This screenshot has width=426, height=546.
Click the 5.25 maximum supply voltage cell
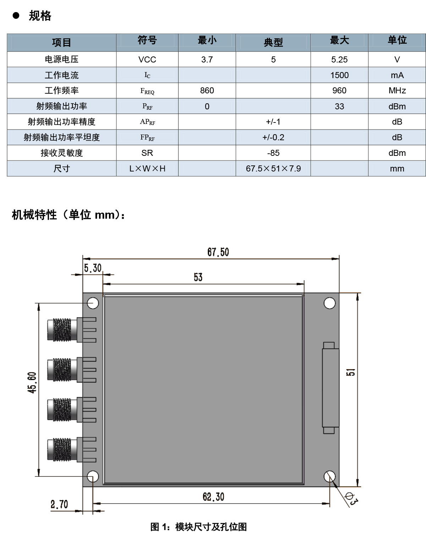coord(339,60)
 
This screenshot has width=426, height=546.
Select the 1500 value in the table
coord(339,75)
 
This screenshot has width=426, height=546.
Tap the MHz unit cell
coord(397,91)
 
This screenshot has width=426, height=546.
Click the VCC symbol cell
coord(147,60)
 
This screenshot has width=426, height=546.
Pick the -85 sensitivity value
coord(273,153)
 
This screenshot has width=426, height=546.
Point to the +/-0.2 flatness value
coord(273,137)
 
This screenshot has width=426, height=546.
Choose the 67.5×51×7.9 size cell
coord(273,168)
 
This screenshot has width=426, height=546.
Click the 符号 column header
coord(147,40)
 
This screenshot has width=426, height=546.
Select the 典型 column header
coord(273,42)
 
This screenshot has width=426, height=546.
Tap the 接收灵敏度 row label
coord(61,153)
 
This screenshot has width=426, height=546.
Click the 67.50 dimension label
coord(218,252)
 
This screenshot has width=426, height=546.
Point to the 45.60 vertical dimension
coord(32,382)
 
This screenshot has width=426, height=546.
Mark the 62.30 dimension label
coord(213,497)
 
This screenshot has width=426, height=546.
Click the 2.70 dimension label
coord(59,504)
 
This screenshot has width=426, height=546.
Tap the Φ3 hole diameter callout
coord(351,499)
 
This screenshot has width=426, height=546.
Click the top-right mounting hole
coord(329,303)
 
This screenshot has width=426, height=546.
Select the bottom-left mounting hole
coord(93,476)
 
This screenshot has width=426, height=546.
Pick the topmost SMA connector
coord(72,330)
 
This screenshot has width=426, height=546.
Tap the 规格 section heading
coord(40,16)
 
